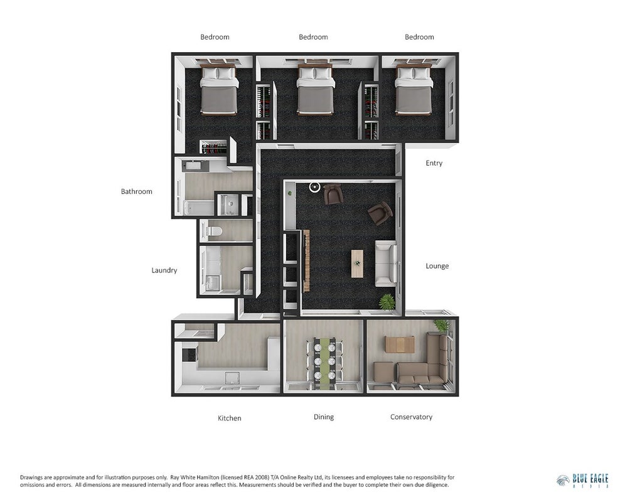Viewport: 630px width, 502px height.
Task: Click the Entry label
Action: tap(434, 163)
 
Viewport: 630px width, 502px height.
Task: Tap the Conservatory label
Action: tap(411, 417)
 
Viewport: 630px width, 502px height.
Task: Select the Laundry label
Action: tap(164, 270)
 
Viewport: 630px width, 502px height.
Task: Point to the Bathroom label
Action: tap(137, 192)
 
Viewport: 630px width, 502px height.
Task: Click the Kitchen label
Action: tap(230, 418)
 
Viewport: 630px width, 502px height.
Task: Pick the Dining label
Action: tap(323, 417)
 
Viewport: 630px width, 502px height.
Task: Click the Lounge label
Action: tap(437, 266)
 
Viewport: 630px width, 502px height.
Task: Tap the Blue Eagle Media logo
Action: tap(582, 480)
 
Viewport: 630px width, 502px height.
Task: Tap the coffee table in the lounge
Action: tap(357, 264)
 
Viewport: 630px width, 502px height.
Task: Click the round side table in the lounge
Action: tap(314, 187)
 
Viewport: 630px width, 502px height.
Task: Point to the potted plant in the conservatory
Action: tap(442, 325)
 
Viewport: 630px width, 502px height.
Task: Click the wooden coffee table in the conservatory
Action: tap(400, 344)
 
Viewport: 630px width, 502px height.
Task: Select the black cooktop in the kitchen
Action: tap(188, 354)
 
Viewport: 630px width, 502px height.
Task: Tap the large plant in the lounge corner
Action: tap(387, 301)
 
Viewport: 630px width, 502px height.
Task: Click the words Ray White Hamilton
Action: tap(195, 478)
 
